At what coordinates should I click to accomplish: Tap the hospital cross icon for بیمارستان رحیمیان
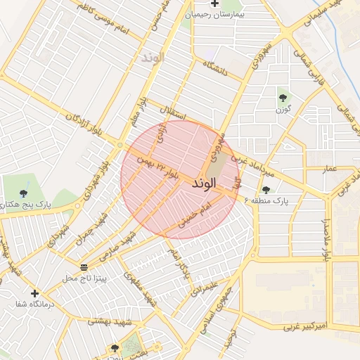click(x=214, y=4)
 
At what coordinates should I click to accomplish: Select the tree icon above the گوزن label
click(x=283, y=98)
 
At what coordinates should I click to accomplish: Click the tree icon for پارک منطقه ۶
click(x=266, y=190)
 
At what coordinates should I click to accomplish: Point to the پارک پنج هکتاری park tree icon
click(x=23, y=193)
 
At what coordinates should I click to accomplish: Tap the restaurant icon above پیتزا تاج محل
click(x=84, y=267)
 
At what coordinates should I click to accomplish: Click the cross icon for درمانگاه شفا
click(x=34, y=292)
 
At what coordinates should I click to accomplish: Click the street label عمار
click(x=330, y=169)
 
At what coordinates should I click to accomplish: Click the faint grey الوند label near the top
click(x=151, y=57)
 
